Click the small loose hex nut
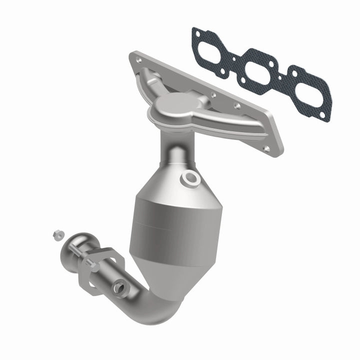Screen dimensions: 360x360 [x=56, y=233]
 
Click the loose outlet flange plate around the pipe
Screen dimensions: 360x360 [x=105, y=270]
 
